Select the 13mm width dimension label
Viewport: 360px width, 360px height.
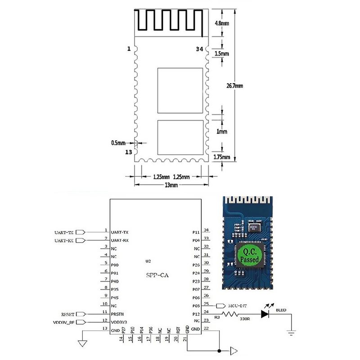(171, 185)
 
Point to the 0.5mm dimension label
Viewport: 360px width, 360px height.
(118, 143)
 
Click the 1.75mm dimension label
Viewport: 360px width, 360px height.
(221, 157)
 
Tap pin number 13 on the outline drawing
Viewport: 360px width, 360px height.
(129, 153)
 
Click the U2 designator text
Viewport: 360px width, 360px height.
(148, 261)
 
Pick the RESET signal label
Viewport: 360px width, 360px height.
(67, 314)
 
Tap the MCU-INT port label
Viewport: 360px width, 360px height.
(237, 306)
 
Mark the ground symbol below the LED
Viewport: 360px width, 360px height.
(291, 332)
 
